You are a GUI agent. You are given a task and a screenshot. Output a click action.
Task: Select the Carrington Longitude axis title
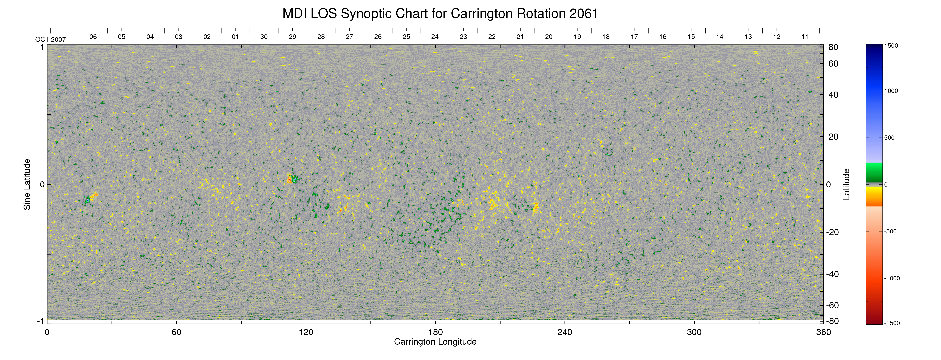point(435,342)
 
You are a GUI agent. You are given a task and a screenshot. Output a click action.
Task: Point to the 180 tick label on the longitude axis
point(435,332)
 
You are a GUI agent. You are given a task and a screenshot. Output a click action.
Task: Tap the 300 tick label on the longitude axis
point(694,332)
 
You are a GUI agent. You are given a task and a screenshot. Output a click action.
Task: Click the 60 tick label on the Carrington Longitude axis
point(176,332)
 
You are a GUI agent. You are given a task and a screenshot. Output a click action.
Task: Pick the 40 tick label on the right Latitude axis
point(833,95)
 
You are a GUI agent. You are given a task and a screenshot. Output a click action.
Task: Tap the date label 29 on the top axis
point(292,37)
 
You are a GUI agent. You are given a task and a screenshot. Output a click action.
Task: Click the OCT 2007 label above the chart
point(50,39)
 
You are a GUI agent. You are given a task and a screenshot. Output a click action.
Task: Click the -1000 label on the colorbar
point(892,278)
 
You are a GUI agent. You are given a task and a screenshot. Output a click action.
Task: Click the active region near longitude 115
point(292,179)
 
